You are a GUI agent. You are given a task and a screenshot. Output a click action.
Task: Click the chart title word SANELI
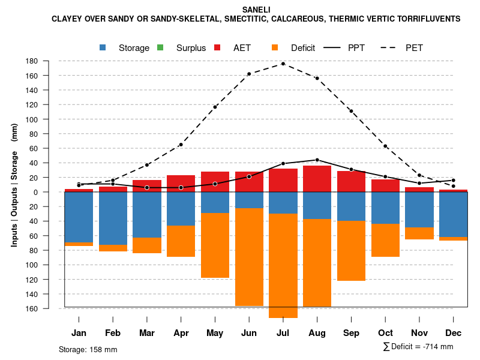(256, 10)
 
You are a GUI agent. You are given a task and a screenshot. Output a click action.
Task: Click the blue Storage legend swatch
(103, 47)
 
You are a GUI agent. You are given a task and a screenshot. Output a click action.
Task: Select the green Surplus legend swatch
(160, 47)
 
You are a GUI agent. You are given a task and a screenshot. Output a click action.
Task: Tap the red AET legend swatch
(218, 47)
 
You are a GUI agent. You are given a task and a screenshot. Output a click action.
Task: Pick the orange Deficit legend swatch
(275, 47)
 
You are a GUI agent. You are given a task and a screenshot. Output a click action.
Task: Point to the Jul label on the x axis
(283, 333)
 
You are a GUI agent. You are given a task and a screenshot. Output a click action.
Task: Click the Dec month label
(454, 333)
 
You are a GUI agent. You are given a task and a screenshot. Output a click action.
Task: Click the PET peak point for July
(283, 64)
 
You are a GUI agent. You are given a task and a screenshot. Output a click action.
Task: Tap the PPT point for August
(317, 160)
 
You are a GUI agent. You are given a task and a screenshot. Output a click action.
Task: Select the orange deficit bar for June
(249, 257)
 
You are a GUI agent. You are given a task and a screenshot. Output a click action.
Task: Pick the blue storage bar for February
(113, 218)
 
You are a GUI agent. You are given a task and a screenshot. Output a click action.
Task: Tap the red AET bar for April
(181, 184)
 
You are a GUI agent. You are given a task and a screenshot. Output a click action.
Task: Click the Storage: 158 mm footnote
(88, 350)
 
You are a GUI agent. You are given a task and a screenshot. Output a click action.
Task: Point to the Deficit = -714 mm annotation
(418, 347)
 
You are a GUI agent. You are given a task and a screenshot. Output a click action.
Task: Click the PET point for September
(351, 111)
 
